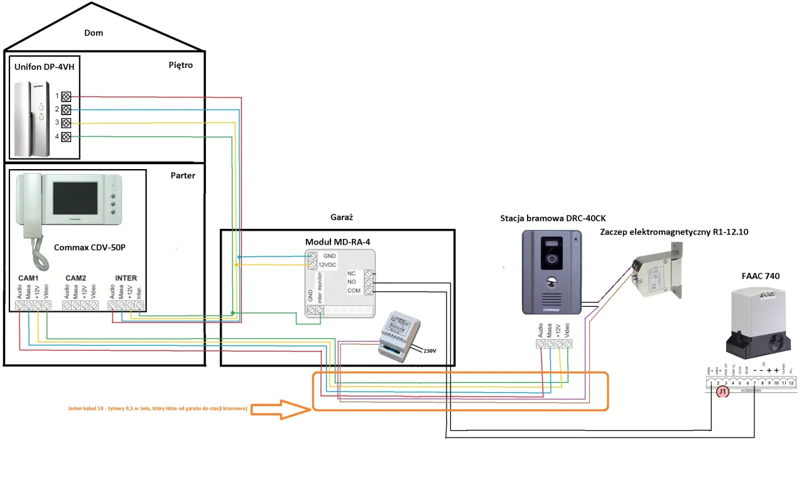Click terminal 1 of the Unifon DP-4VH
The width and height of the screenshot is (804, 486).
pyautogui.click(x=65, y=97)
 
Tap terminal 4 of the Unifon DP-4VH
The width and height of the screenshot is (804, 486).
pyautogui.click(x=65, y=136)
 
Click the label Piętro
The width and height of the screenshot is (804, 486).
pyautogui.click(x=180, y=65)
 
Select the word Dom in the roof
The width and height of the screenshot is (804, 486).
pyautogui.click(x=94, y=33)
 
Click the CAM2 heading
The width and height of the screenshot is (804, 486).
pyautogui.click(x=75, y=278)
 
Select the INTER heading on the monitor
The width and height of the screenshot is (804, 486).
pyautogui.click(x=126, y=278)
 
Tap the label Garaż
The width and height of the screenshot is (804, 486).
pyautogui.click(x=342, y=216)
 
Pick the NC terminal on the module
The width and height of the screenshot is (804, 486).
pyautogui.click(x=369, y=273)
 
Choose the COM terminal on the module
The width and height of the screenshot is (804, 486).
pyautogui.click(x=369, y=291)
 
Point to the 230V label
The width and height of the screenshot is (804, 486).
pyautogui.click(x=430, y=351)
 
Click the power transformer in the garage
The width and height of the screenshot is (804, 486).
pyautogui.click(x=399, y=334)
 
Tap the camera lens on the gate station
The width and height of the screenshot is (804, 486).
pyautogui.click(x=551, y=258)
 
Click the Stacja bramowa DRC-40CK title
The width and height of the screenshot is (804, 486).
pyautogui.click(x=553, y=219)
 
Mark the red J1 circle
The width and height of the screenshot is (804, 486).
pyautogui.click(x=722, y=392)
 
